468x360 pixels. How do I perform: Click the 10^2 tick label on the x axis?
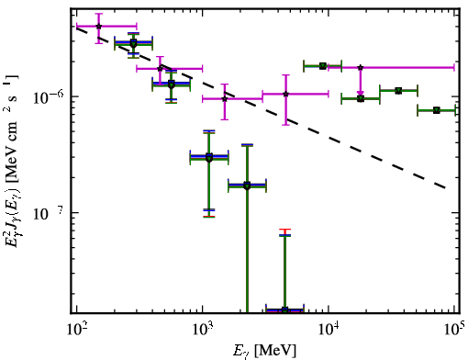pyautogui.click(x=76, y=331)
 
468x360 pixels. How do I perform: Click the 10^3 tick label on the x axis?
pyautogui.click(x=202, y=331)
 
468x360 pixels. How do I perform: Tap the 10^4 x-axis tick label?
pyautogui.click(x=329, y=331)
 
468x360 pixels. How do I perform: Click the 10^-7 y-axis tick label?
pyautogui.click(x=49, y=213)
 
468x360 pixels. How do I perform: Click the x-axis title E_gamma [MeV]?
pyautogui.click(x=264, y=351)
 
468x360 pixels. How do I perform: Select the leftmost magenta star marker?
pyautogui.click(x=98, y=27)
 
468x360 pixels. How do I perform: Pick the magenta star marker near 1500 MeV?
pyautogui.click(x=225, y=99)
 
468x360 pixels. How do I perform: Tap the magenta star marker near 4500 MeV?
pyautogui.click(x=285, y=94)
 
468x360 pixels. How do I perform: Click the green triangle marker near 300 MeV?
pyautogui.click(x=133, y=43)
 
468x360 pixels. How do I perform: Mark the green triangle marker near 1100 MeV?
pyautogui.click(x=209, y=158)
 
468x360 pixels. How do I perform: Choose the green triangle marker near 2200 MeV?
pyautogui.click(x=247, y=186)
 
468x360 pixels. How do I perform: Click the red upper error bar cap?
pyautogui.click(x=284, y=230)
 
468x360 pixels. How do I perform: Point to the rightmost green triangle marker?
pyautogui.click(x=437, y=110)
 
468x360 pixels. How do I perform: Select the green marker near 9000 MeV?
pyautogui.click(x=323, y=66)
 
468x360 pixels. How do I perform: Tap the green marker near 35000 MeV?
pyautogui.click(x=398, y=91)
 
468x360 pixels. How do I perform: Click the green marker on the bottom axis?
pyautogui.click(x=284, y=310)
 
